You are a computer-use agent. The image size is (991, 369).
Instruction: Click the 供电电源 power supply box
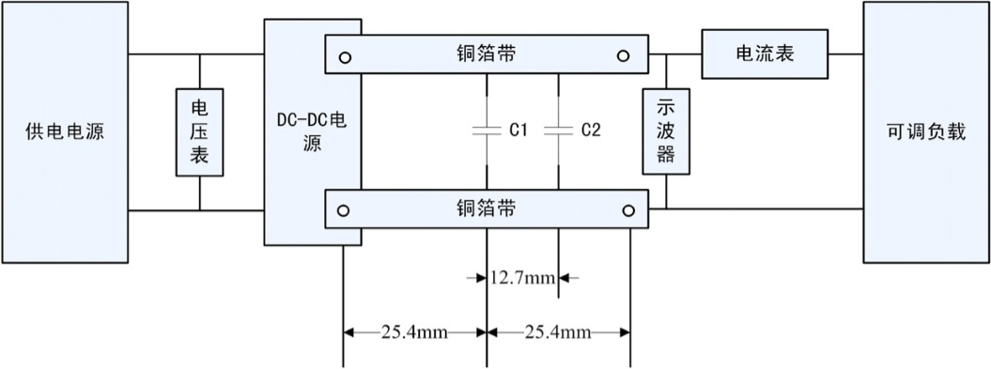coord(64,132)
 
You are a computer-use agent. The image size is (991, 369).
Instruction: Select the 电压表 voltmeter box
coord(200,132)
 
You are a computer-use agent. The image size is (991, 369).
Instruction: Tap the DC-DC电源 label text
coord(311,132)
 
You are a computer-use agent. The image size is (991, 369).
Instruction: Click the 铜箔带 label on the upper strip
coord(485,54)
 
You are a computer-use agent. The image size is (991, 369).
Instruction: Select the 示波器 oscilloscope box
coord(665,131)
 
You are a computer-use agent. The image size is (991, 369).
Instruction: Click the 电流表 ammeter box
coord(764,54)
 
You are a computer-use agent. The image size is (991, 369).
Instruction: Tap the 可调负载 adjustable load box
coord(925,132)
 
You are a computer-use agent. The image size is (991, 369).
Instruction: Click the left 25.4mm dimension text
coord(415,331)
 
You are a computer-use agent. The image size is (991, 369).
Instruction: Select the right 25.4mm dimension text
coord(559,331)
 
